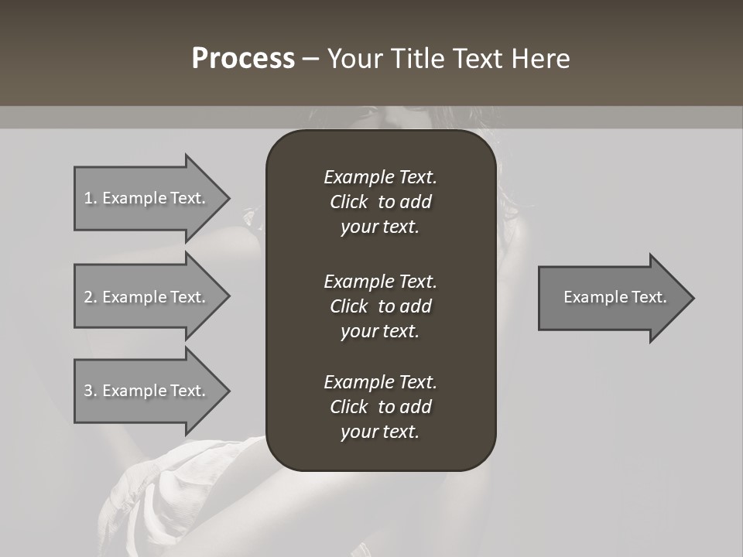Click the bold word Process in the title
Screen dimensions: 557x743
pyautogui.click(x=243, y=59)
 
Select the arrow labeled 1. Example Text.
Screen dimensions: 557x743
pyautogui.click(x=145, y=198)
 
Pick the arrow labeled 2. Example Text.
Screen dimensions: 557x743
pyautogui.click(x=145, y=297)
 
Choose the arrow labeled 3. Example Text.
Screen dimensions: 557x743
pyautogui.click(x=145, y=391)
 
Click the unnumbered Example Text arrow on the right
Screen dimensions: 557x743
pyautogui.click(x=615, y=297)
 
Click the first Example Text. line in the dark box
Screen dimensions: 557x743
pyautogui.click(x=380, y=177)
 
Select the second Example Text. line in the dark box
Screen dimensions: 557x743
pyautogui.click(x=380, y=282)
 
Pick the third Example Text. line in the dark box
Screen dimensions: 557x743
pyautogui.click(x=380, y=382)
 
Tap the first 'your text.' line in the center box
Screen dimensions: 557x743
pyautogui.click(x=380, y=227)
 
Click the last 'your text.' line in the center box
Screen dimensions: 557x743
pyautogui.click(x=380, y=432)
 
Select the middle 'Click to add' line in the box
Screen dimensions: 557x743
pyautogui.click(x=380, y=306)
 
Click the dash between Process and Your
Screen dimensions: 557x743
pyautogui.click(x=310, y=59)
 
